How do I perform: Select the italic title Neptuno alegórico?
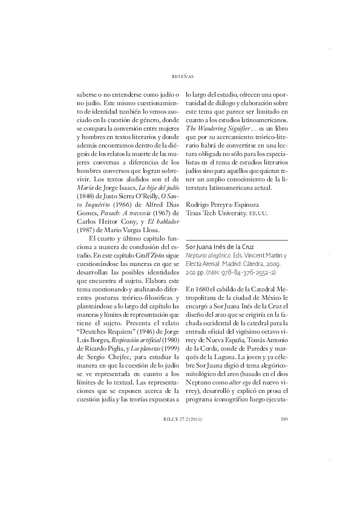tap(206, 256)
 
